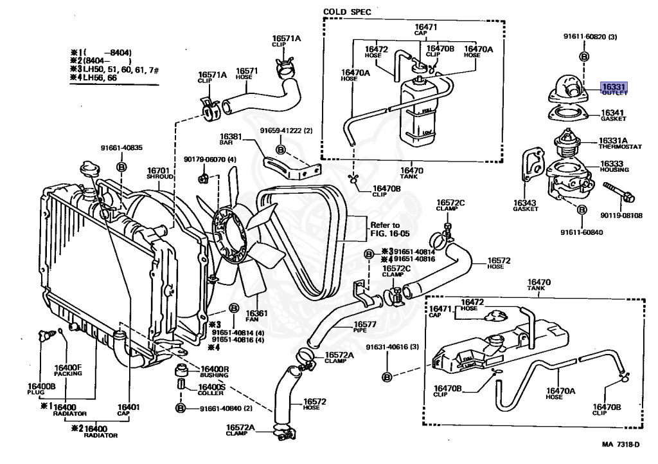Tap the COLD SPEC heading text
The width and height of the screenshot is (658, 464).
[x=347, y=12]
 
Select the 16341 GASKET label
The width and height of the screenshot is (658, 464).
[x=614, y=115]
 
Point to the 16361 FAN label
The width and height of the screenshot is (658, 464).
[x=256, y=315]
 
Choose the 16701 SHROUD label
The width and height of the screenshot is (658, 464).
[x=157, y=173]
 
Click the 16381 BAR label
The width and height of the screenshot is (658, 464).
[x=231, y=140]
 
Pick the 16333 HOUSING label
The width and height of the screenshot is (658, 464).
[x=614, y=166]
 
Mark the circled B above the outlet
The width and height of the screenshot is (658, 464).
[x=584, y=57]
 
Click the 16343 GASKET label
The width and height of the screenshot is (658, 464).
[x=525, y=206]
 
